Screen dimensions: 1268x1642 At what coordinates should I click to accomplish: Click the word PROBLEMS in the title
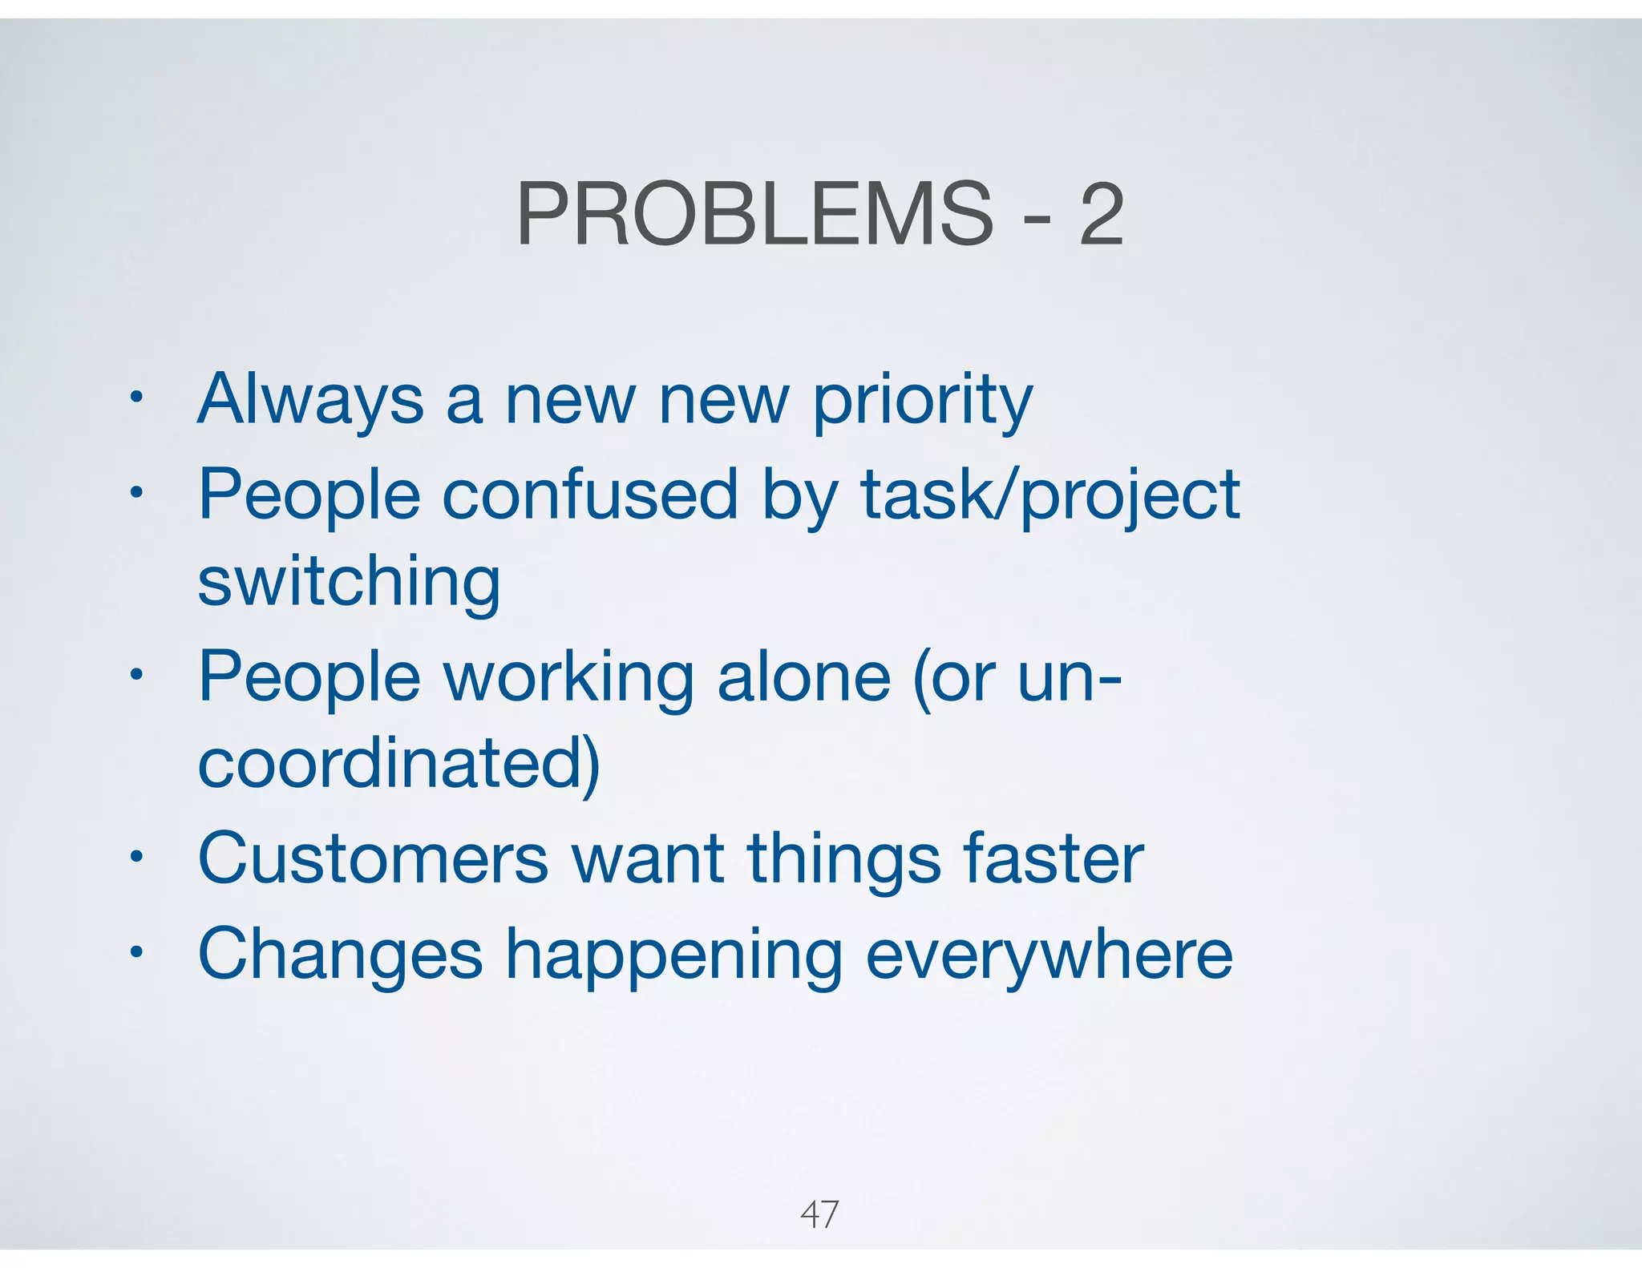point(754,214)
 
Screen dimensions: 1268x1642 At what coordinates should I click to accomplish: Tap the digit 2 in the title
point(1101,214)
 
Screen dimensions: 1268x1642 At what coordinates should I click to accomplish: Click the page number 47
point(819,1215)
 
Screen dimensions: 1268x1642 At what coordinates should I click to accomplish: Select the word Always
point(310,401)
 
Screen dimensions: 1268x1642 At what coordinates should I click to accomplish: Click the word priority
point(923,401)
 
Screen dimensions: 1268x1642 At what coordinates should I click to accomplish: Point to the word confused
point(589,495)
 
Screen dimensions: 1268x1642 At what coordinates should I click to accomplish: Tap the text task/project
point(1050,496)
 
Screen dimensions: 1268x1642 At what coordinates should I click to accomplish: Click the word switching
point(349,583)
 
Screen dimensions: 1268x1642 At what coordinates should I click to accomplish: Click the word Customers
point(373,858)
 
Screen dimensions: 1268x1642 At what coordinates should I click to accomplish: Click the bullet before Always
point(136,398)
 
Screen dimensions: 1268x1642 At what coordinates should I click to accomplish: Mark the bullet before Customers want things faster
point(136,857)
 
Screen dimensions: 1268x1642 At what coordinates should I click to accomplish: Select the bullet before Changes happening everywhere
point(136,952)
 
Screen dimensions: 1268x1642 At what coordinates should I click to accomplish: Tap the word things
point(844,860)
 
